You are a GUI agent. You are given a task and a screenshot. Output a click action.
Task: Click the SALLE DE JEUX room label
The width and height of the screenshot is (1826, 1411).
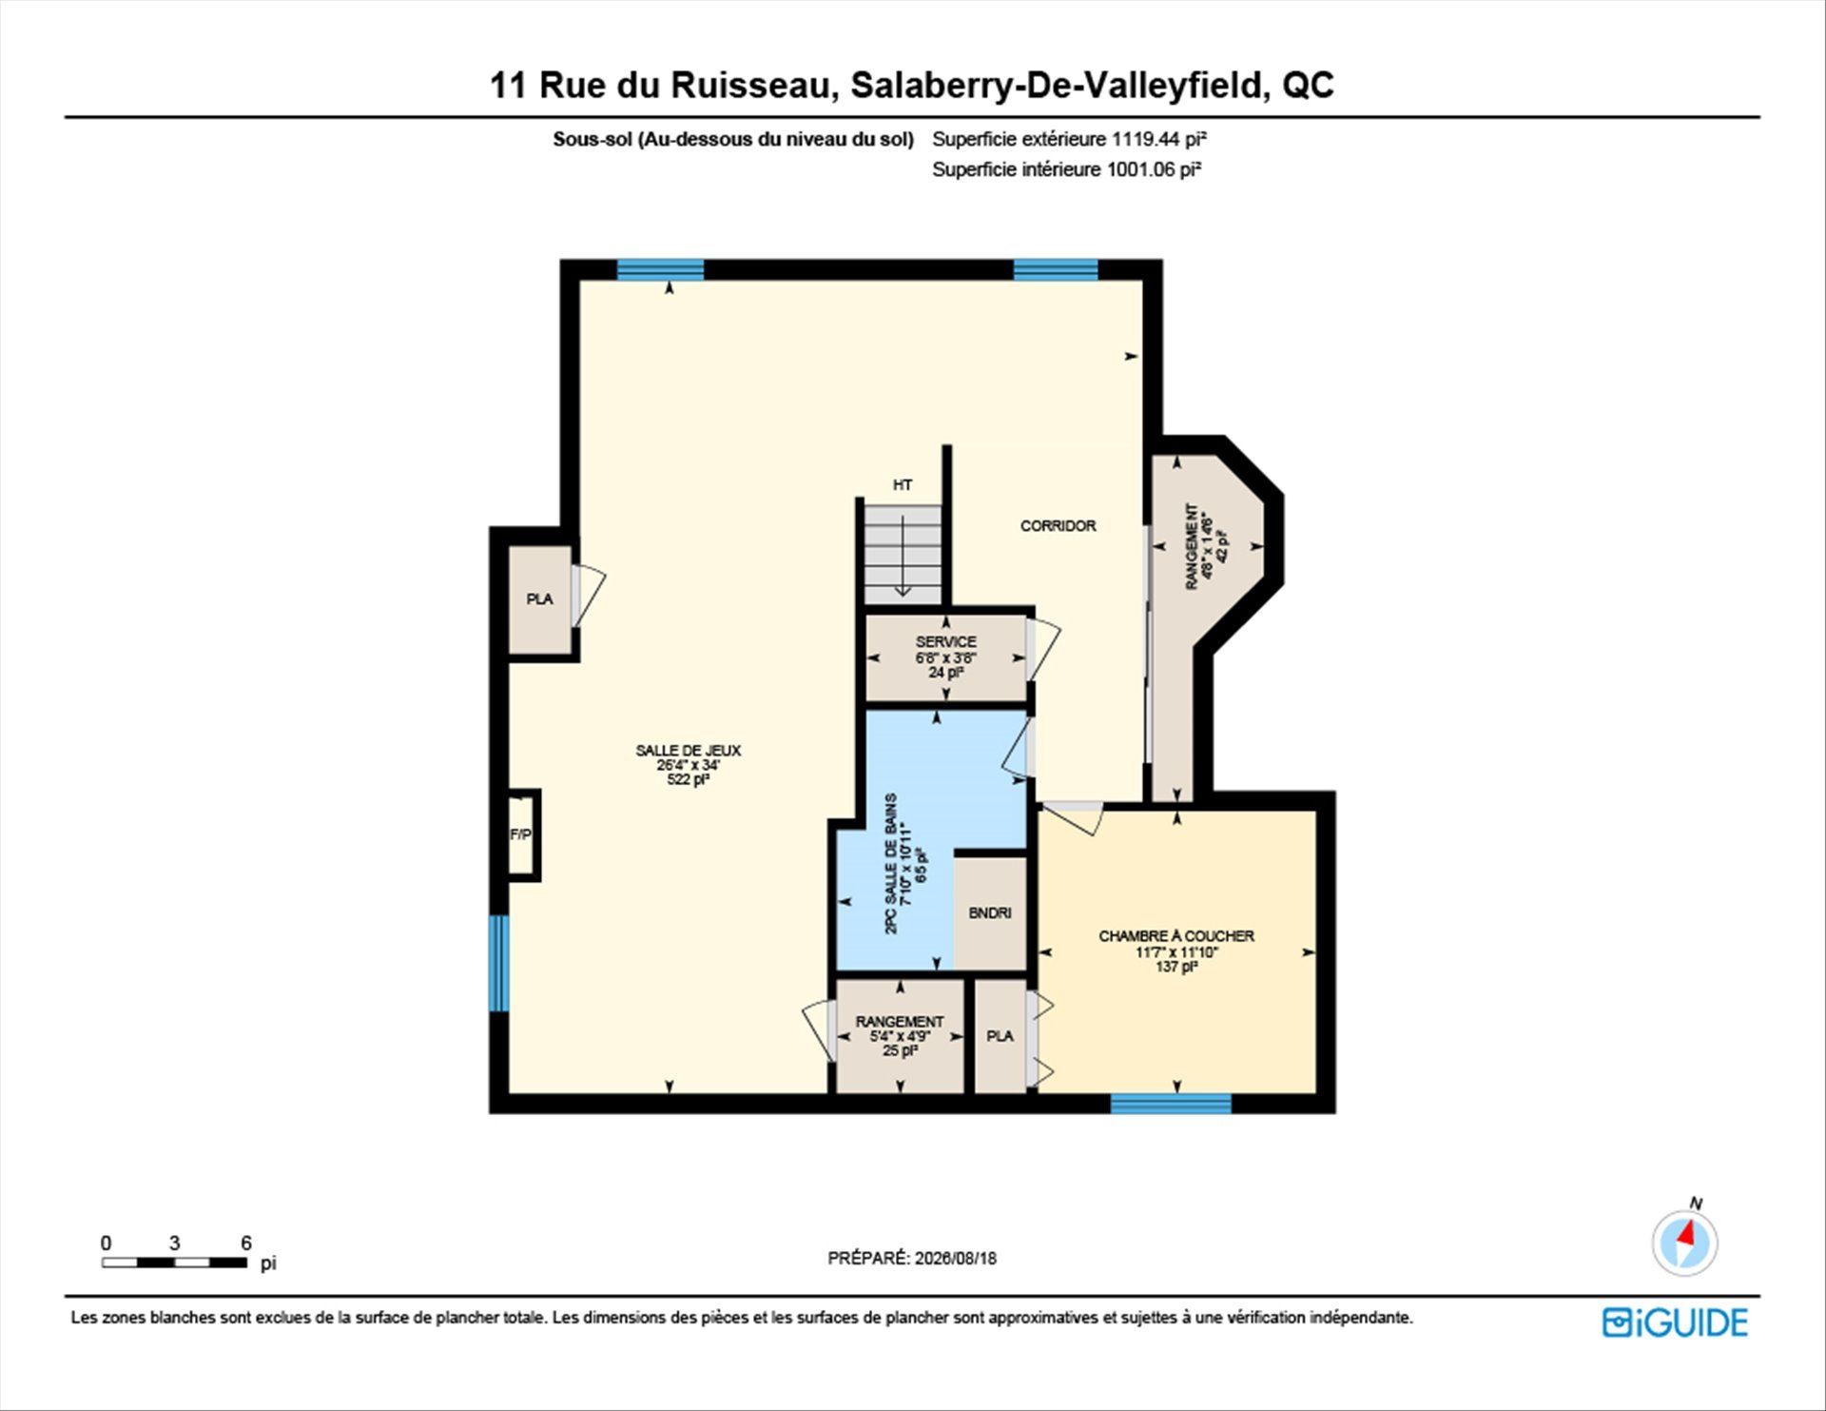688,751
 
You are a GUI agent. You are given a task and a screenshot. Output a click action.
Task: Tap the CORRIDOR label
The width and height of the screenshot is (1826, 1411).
1058,525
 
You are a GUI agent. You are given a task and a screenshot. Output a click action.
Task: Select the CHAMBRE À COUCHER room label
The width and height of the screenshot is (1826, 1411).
1176,936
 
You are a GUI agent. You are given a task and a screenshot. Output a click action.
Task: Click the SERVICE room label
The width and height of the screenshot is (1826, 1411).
945,642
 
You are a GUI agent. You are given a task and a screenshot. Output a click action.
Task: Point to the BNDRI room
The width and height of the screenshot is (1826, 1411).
990,912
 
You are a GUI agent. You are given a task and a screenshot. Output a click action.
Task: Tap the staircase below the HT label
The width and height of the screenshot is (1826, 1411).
903,555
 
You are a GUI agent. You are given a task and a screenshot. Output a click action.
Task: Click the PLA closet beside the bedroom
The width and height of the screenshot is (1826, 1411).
1000,1036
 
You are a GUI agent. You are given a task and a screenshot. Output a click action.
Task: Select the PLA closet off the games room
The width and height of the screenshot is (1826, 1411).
539,599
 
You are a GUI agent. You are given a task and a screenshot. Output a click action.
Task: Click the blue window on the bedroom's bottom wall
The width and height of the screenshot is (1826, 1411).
1171,1104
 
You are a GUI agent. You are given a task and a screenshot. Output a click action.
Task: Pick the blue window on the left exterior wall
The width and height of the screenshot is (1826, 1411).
499,963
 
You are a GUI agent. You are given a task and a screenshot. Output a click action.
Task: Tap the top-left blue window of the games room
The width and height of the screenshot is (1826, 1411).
661,269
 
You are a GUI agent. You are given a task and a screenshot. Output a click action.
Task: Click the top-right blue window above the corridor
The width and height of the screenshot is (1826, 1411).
1056,269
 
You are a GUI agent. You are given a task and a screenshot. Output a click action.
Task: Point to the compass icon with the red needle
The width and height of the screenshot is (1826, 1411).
1685,1242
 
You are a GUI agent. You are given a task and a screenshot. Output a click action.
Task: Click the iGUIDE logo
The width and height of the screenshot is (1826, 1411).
1675,1323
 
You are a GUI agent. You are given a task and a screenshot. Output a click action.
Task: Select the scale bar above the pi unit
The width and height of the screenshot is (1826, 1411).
175,1263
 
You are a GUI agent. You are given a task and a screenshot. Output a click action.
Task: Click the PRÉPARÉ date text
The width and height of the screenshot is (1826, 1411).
912,1258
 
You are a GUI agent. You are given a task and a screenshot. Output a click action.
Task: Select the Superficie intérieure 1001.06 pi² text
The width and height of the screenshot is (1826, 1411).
1067,169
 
